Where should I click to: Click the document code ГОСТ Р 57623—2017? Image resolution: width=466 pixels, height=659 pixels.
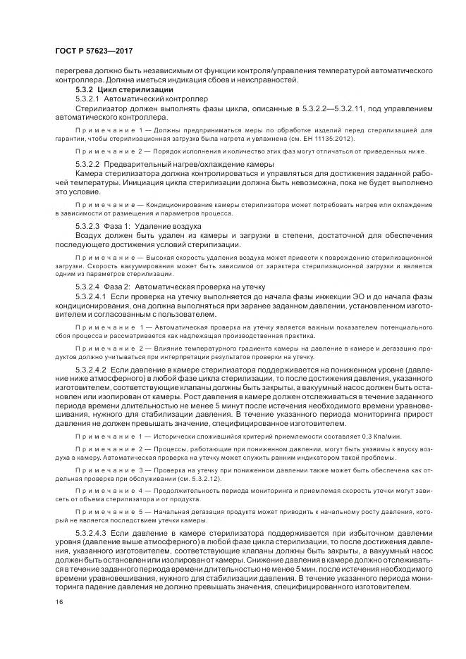pyautogui.click(x=93, y=51)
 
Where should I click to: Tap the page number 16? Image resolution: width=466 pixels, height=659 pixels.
pyautogui.click(x=59, y=601)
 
